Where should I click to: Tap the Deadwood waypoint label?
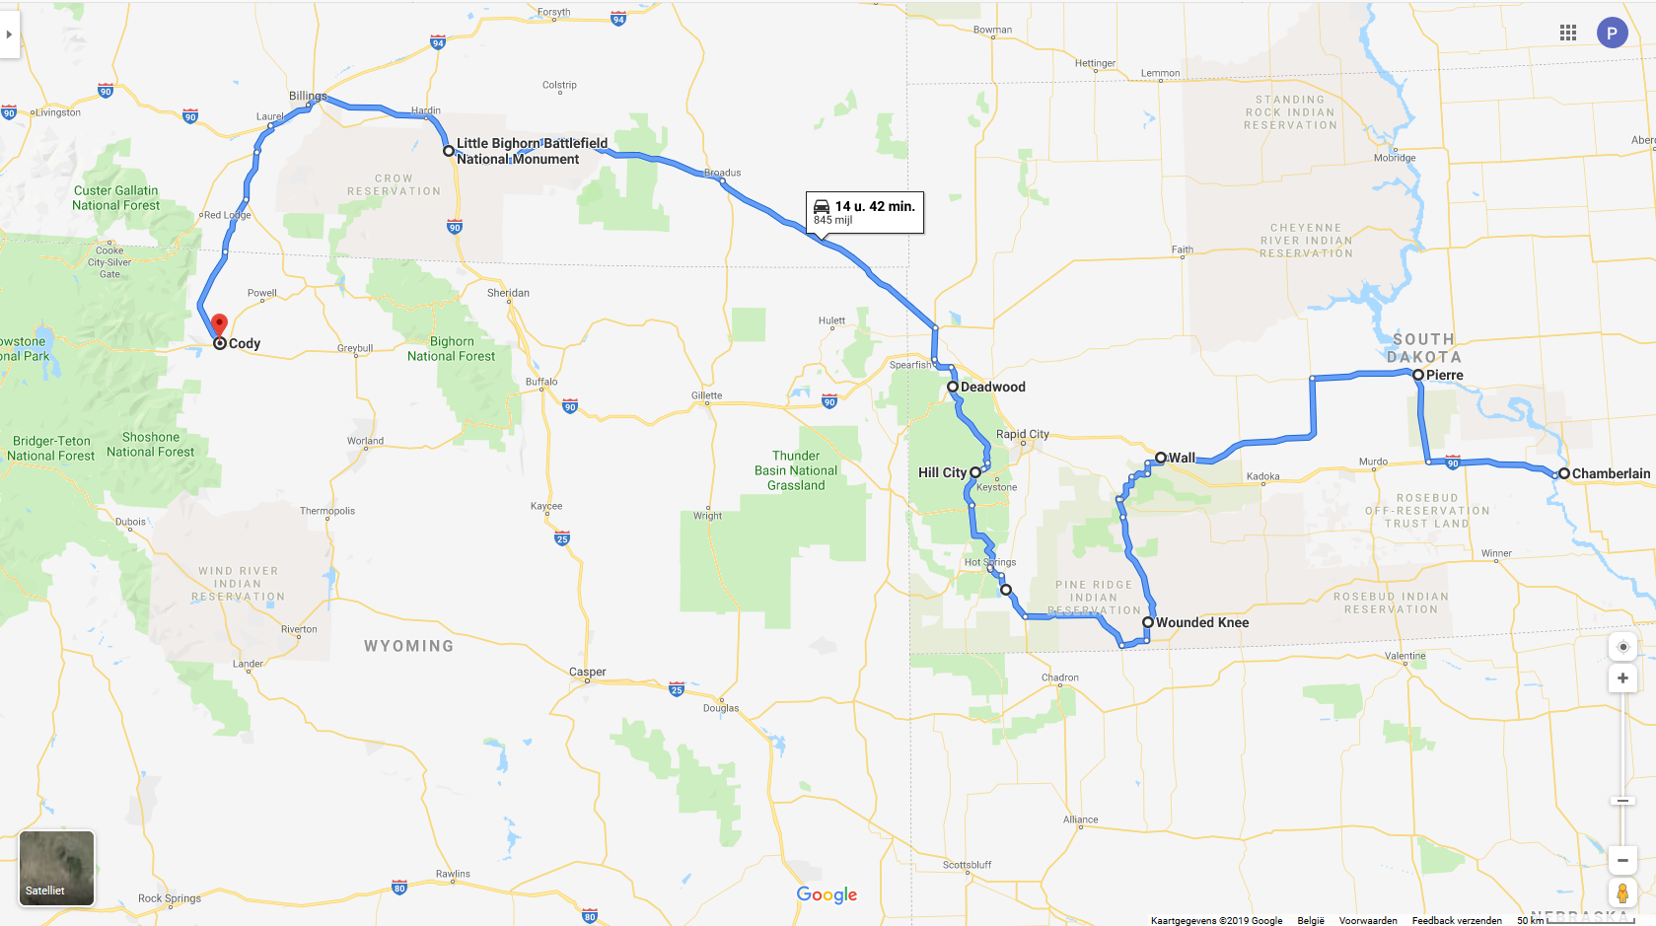point(992,387)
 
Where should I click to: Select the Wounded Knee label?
point(1201,622)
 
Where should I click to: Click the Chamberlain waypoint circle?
point(1563,473)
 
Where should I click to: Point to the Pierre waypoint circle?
point(1417,375)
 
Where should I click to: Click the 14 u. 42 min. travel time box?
point(865,212)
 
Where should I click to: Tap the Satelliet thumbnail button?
point(57,868)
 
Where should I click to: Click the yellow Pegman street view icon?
point(1622,893)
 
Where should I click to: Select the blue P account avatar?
point(1612,33)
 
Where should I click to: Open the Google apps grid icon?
point(1568,33)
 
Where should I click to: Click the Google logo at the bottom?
point(827,894)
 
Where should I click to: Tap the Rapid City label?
point(1023,434)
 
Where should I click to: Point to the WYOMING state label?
point(408,646)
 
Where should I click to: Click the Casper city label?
point(588,672)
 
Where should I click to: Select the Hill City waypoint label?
point(942,472)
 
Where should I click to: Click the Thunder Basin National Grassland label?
point(796,470)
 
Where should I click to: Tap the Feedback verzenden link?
point(1457,920)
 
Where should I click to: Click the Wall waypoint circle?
point(1161,458)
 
